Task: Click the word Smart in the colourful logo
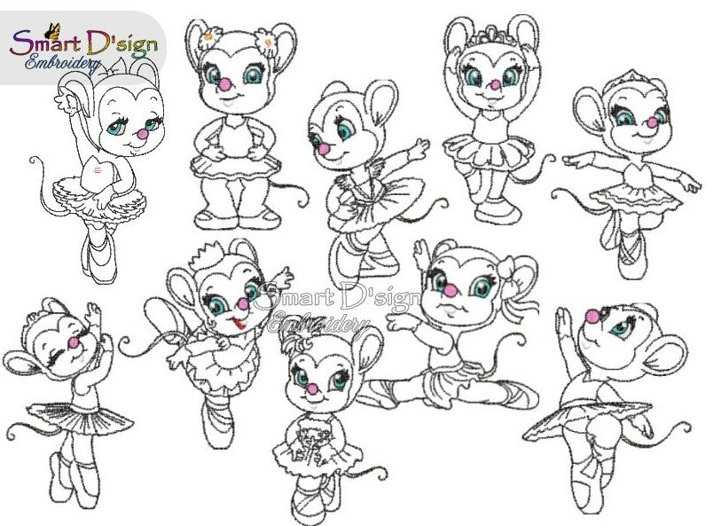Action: click(x=45, y=44)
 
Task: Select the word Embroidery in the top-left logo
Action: click(x=62, y=64)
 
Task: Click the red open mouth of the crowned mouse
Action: click(x=237, y=322)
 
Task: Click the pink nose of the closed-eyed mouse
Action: click(x=74, y=343)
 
